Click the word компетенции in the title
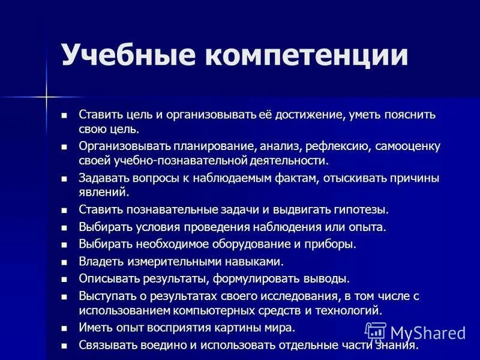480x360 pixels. [307, 55]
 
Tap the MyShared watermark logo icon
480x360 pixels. [376, 332]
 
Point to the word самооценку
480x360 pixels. [402, 146]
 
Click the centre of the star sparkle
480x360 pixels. [46, 95]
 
